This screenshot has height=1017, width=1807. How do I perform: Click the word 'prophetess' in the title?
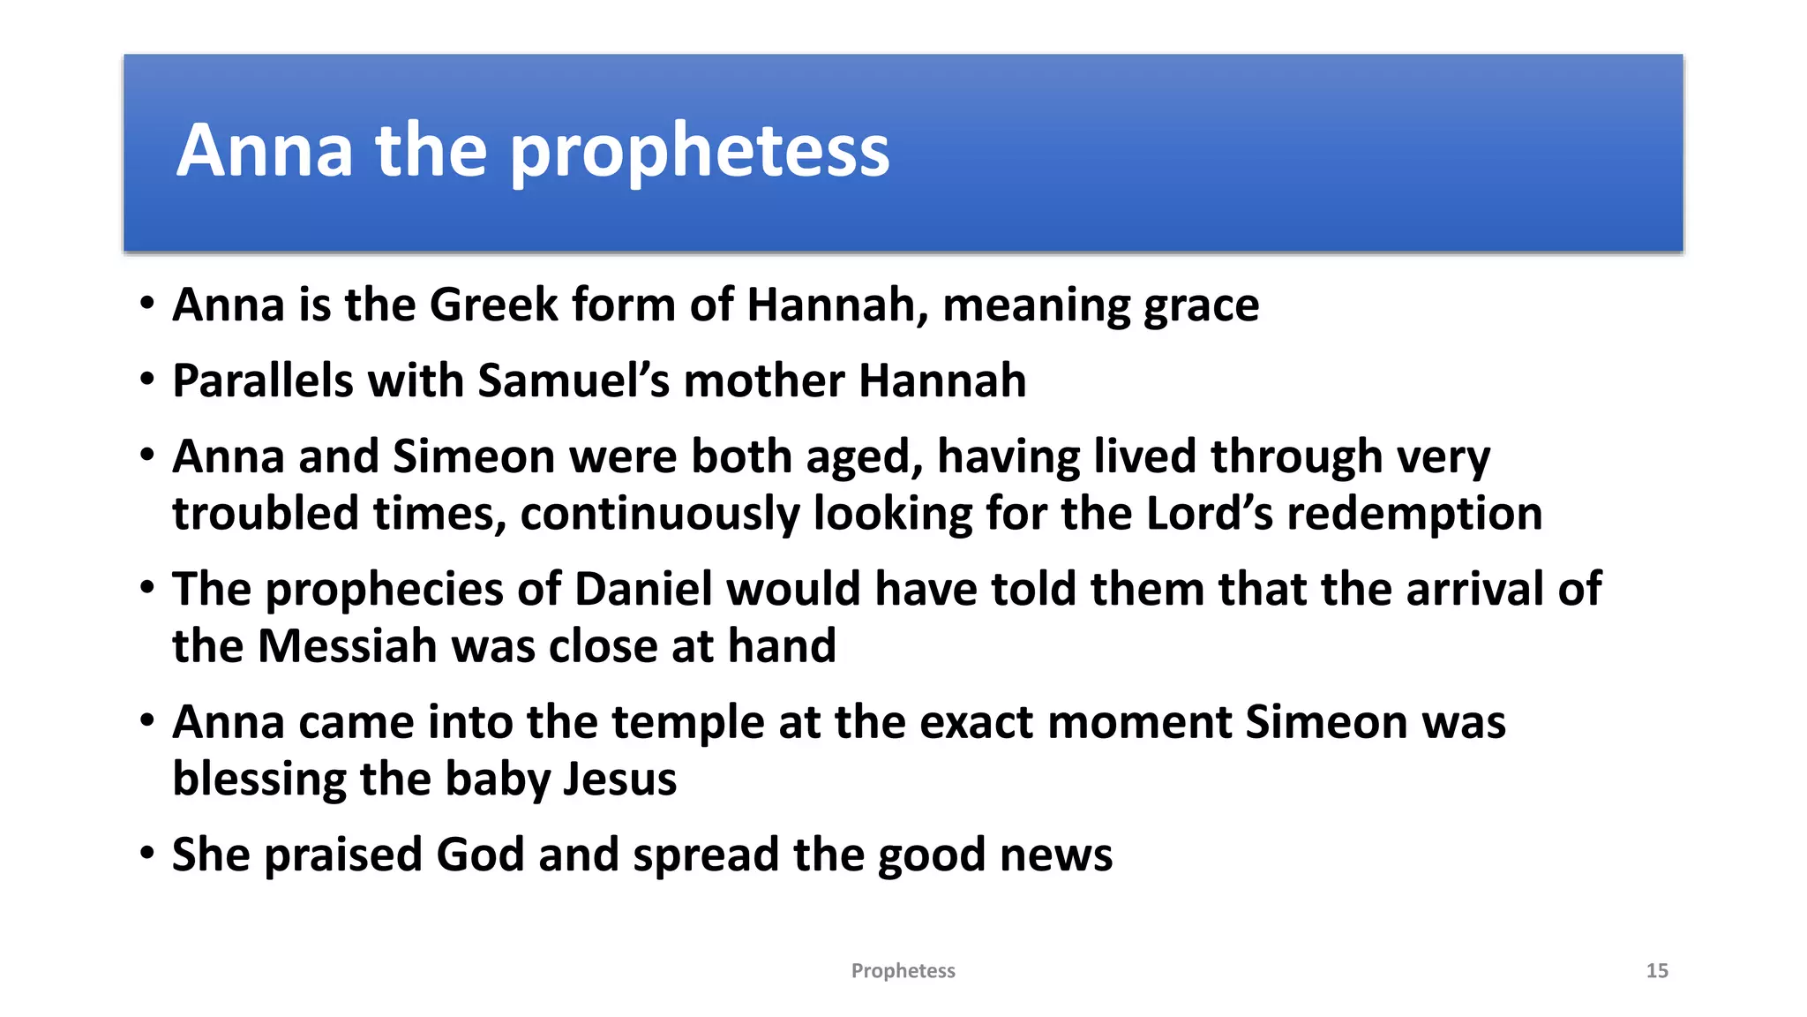tap(700, 152)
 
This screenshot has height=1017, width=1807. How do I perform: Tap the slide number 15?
tap(1657, 971)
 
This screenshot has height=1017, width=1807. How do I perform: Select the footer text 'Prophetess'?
tap(903, 971)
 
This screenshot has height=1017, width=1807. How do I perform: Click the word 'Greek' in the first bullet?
tap(494, 305)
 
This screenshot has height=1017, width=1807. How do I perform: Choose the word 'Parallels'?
tap(262, 381)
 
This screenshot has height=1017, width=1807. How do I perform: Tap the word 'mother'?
tap(763, 381)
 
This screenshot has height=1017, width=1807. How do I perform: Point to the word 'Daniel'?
tap(643, 589)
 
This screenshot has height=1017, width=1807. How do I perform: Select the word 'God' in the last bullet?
tap(480, 855)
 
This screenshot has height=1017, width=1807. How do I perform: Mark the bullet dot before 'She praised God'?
tap(147, 854)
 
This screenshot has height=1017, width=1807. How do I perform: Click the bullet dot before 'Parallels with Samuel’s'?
tap(147, 380)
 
